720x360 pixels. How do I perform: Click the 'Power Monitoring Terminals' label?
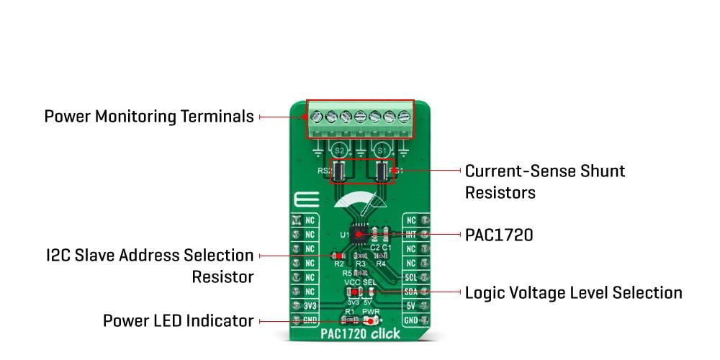pyautogui.click(x=149, y=116)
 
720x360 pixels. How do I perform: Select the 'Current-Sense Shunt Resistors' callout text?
pyautogui.click(x=544, y=181)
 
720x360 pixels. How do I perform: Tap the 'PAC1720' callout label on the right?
pyautogui.click(x=498, y=235)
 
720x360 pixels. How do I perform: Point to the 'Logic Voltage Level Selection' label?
pyautogui.click(x=573, y=292)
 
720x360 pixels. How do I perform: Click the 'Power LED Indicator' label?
pyautogui.click(x=178, y=320)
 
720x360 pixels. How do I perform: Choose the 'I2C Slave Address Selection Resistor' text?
pyautogui.click(x=149, y=266)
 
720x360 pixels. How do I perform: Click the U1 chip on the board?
pyautogui.click(x=360, y=235)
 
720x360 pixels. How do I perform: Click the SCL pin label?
pyautogui.click(x=411, y=277)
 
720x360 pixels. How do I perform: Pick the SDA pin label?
pyautogui.click(x=411, y=292)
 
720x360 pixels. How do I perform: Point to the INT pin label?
pyautogui.click(x=411, y=235)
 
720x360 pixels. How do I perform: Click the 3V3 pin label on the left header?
pyautogui.click(x=309, y=306)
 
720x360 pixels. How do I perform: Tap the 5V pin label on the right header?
pyautogui.click(x=411, y=306)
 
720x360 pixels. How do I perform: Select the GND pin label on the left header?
pyautogui.click(x=309, y=320)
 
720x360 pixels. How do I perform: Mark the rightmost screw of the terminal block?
pyautogui.click(x=402, y=115)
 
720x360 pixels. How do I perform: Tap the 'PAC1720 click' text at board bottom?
pyautogui.click(x=360, y=335)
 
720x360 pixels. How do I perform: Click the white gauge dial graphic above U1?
pyautogui.click(x=360, y=204)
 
